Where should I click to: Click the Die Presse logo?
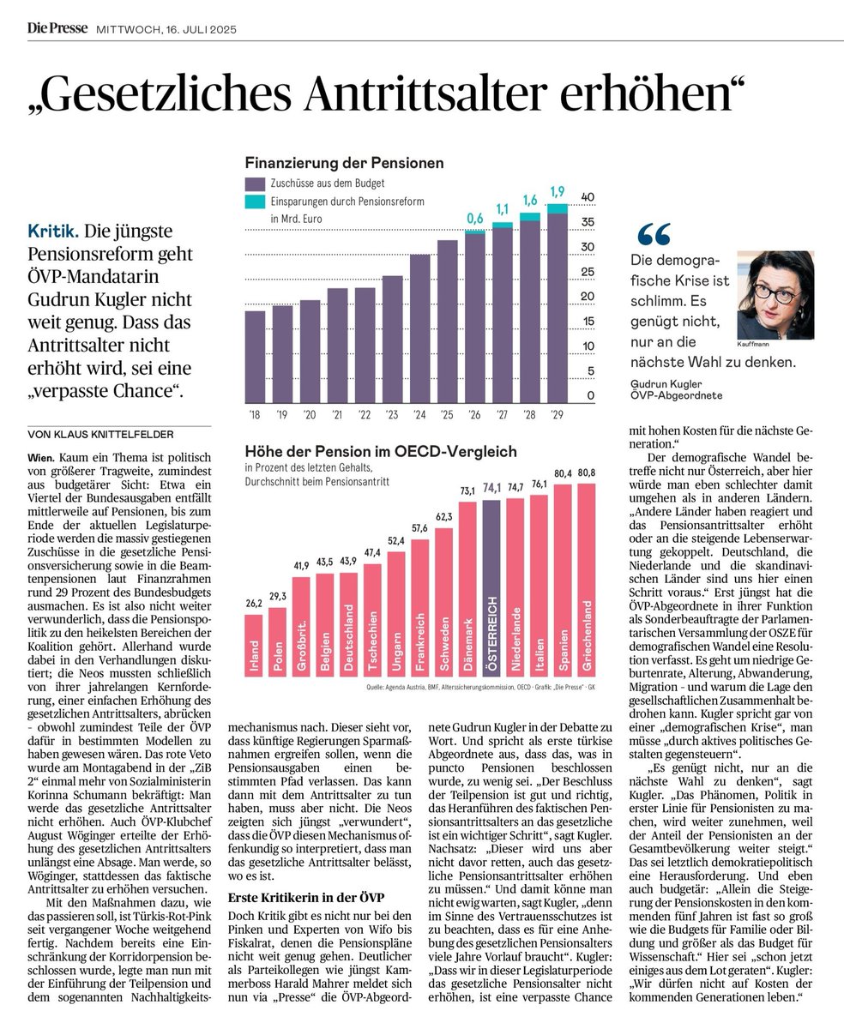point(57,28)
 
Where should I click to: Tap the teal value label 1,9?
point(558,191)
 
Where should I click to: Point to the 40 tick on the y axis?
point(588,197)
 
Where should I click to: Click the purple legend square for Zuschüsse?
point(255,184)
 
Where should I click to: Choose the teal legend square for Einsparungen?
point(255,202)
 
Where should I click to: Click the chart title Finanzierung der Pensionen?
point(344,162)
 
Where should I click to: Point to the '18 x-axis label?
point(255,415)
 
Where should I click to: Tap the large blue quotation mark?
point(654,234)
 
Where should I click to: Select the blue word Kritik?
point(53,232)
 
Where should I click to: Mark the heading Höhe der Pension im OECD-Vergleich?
point(364,451)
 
